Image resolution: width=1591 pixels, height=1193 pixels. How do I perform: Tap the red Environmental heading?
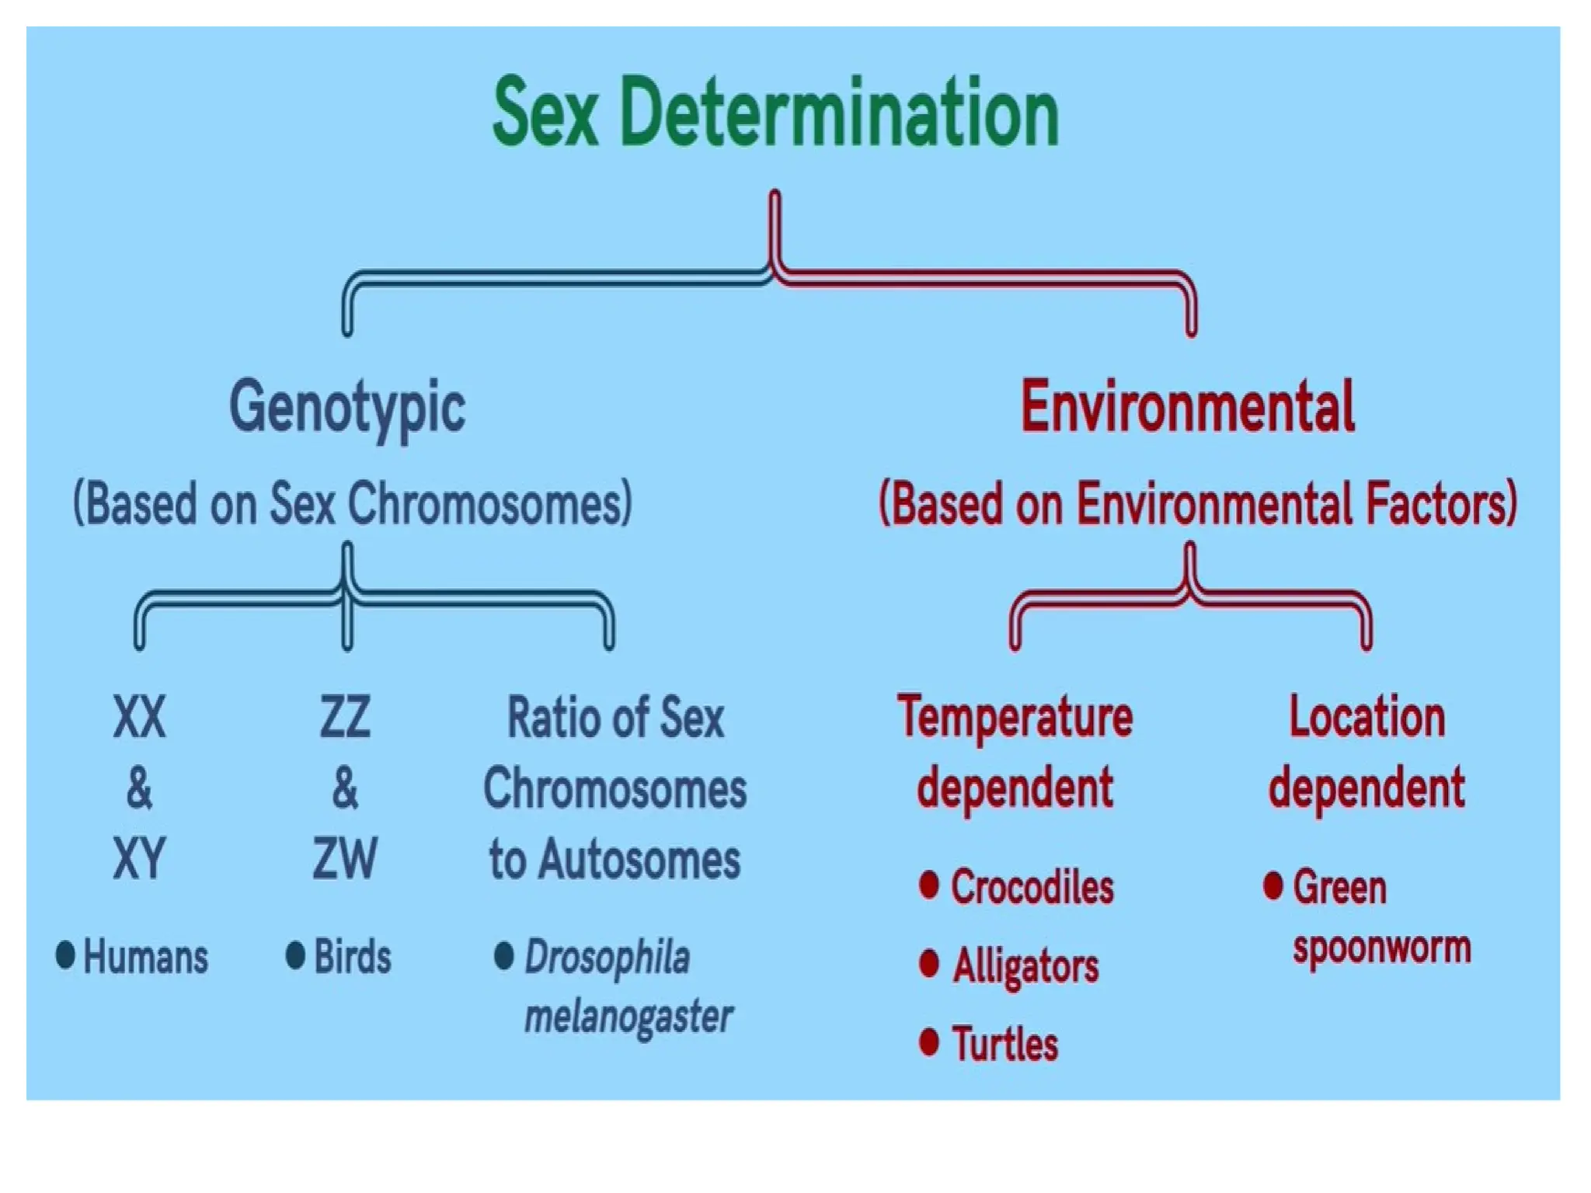(1188, 406)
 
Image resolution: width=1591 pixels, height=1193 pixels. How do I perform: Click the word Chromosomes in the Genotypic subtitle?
(489, 504)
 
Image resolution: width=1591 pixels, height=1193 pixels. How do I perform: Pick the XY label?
(140, 859)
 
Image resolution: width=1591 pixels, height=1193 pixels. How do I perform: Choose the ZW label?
(345, 859)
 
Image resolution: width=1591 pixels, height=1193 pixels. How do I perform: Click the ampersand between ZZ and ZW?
(345, 788)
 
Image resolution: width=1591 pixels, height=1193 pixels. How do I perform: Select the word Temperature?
(1015, 718)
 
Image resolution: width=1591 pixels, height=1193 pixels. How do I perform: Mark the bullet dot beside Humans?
(66, 955)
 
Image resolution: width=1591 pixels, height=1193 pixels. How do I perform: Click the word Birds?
(353, 956)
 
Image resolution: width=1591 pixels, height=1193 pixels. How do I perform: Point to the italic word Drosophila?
(608, 958)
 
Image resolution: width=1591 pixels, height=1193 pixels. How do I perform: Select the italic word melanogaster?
(628, 1017)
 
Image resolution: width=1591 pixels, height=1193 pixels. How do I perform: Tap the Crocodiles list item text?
(1032, 887)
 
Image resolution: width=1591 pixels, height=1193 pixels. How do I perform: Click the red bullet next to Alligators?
(929, 964)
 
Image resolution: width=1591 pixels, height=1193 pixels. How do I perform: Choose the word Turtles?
(1005, 1044)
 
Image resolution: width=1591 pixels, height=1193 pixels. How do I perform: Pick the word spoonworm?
(1382, 948)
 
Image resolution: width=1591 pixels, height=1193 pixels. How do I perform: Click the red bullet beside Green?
(1272, 885)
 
